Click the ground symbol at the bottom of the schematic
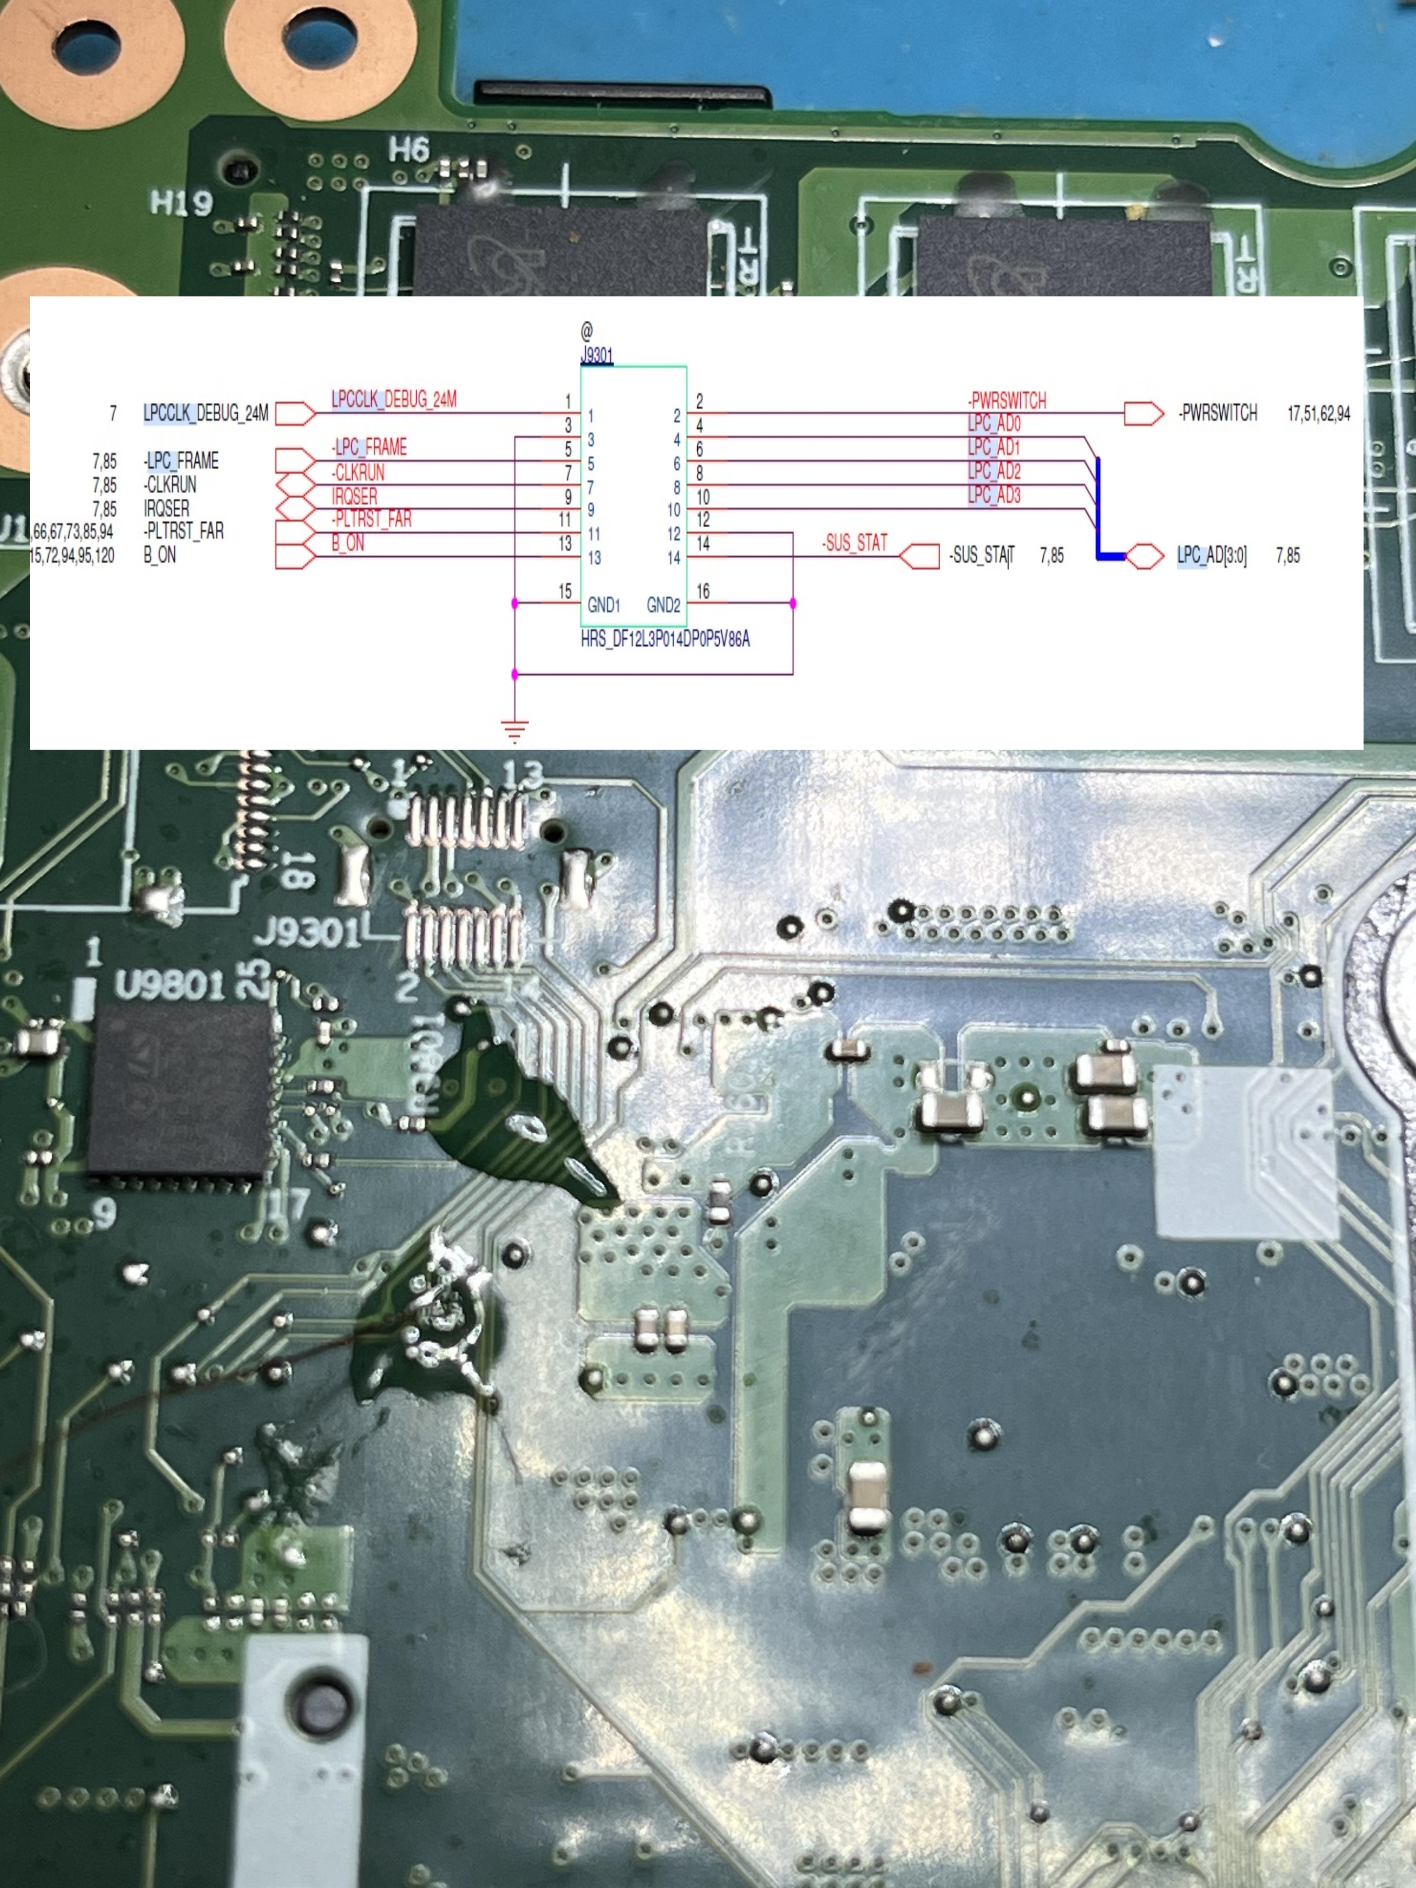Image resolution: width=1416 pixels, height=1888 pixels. [x=515, y=730]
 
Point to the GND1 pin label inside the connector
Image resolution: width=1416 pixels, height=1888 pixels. [x=604, y=605]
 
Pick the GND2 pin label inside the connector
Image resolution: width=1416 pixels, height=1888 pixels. [x=663, y=605]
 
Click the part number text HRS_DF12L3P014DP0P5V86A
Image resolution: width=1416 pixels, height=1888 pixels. [x=665, y=638]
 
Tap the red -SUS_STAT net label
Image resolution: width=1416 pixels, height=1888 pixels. [x=855, y=543]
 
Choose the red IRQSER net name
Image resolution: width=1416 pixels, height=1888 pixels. [x=354, y=496]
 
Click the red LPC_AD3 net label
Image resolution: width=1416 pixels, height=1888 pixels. [x=994, y=495]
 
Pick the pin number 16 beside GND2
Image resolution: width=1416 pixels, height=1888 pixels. [x=702, y=590]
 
